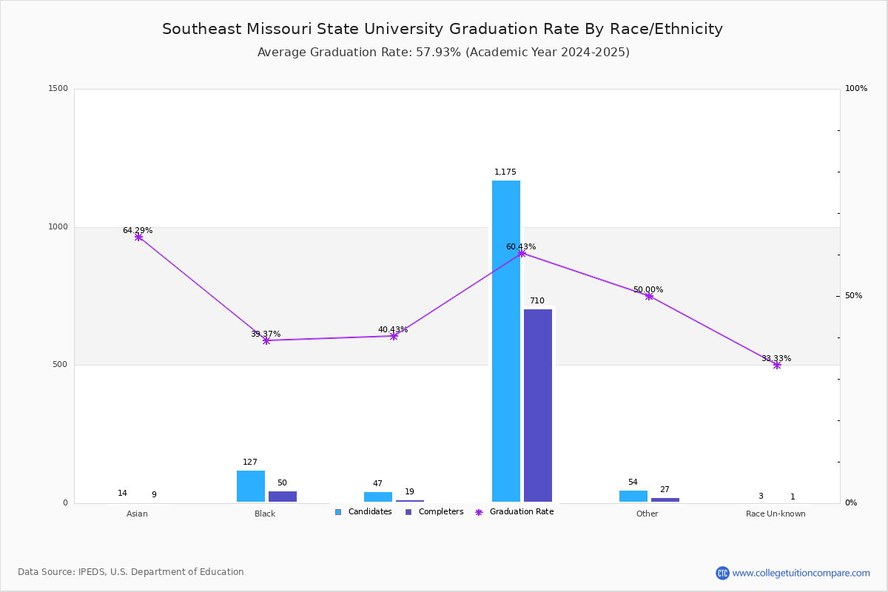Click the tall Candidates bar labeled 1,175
point(506,341)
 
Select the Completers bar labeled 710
point(537,406)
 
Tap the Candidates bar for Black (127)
point(251,486)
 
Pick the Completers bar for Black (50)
point(282,497)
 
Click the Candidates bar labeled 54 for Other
point(633,496)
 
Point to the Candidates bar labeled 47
point(378,497)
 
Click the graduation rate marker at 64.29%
point(138,237)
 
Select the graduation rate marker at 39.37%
point(266,340)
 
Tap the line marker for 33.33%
point(776,366)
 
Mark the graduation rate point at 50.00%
point(649,296)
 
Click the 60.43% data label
point(521,246)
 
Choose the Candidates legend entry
point(363,512)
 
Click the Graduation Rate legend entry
point(514,512)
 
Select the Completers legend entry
point(434,512)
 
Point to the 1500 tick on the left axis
point(58,88)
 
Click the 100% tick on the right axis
point(856,88)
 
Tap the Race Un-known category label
point(776,514)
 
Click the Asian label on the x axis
point(137,514)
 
